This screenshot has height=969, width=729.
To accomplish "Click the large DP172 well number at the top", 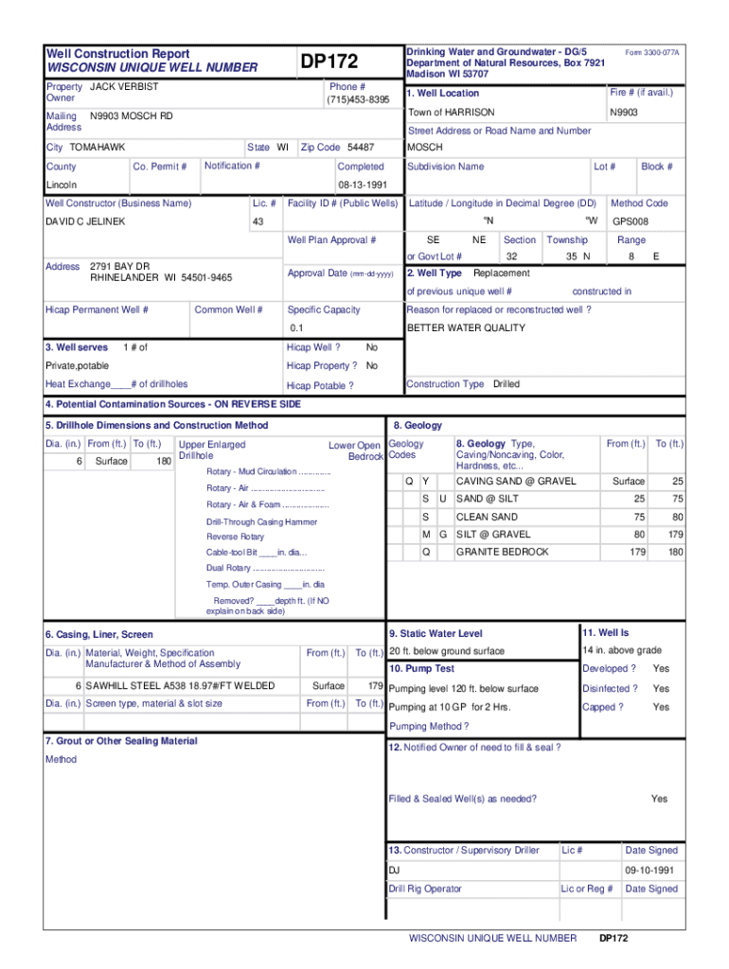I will click(x=329, y=62).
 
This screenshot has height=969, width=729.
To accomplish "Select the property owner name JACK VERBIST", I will click(x=124, y=87).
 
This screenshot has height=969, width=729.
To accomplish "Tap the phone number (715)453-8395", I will click(x=357, y=100).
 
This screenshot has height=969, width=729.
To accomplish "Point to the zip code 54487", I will click(x=361, y=148).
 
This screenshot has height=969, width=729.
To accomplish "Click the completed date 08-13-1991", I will click(x=361, y=185).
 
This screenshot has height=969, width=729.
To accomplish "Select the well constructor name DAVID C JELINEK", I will click(x=85, y=221).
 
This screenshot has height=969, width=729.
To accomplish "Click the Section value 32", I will click(x=511, y=256).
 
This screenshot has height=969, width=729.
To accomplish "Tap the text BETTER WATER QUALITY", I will click(x=466, y=328).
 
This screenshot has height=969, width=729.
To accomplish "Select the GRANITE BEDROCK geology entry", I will click(x=502, y=552).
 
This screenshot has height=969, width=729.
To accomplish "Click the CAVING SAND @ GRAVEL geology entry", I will click(x=516, y=482).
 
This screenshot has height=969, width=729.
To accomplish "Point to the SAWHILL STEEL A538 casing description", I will click(x=180, y=685).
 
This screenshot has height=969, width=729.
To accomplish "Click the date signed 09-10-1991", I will click(x=649, y=870).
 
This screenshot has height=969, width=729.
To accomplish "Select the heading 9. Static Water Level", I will click(x=436, y=633).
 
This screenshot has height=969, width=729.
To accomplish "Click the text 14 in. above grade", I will click(x=622, y=651).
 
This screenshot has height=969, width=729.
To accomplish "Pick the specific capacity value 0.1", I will click(x=296, y=328).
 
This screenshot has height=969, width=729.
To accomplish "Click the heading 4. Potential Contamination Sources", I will click(x=173, y=404).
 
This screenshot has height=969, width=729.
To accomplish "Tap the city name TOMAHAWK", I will click(x=98, y=148).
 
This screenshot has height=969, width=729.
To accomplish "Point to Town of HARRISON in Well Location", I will click(x=451, y=112).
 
